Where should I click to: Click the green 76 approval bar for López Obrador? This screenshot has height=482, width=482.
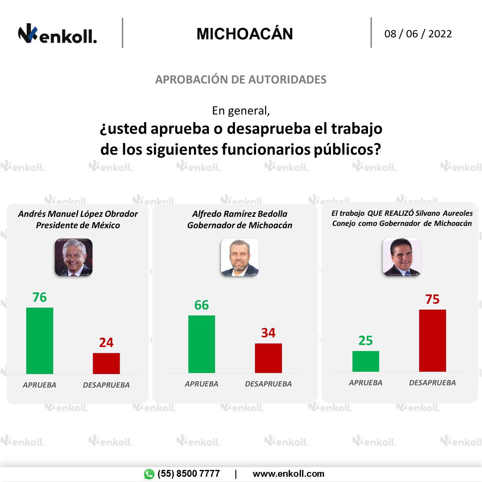pyautogui.click(x=39, y=341)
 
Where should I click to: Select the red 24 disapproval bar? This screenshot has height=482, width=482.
pyautogui.click(x=106, y=364)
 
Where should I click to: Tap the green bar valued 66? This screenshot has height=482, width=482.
pyautogui.click(x=201, y=344)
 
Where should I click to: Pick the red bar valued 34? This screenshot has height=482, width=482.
pyautogui.click(x=268, y=358)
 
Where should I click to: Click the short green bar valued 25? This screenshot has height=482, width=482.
pyautogui.click(x=366, y=361)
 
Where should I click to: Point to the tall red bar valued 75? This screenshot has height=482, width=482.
pyautogui.click(x=432, y=341)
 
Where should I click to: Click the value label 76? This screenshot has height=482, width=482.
pyautogui.click(x=39, y=297)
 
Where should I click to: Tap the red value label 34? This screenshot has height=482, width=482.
pyautogui.click(x=268, y=333)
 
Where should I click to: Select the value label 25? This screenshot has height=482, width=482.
pyautogui.click(x=366, y=341)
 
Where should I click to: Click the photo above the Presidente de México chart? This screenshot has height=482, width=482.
pyautogui.click(x=74, y=257)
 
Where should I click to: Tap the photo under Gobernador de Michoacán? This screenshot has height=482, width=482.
pyautogui.click(x=240, y=257)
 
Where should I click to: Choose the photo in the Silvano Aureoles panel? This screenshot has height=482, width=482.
pyautogui.click(x=401, y=257)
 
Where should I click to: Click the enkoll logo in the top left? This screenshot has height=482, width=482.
pyautogui.click(x=57, y=35)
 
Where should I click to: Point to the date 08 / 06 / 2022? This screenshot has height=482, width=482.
pyautogui.click(x=418, y=34)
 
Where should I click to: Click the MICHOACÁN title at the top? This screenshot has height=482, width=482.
pyautogui.click(x=245, y=34)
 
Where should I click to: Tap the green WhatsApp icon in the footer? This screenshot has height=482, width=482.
pyautogui.click(x=149, y=474)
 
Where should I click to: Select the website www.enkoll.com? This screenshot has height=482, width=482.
pyautogui.click(x=288, y=474)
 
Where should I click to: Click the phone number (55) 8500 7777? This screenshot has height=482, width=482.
pyautogui.click(x=188, y=474)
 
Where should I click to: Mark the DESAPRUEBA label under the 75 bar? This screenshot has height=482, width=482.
pyautogui.click(x=432, y=383)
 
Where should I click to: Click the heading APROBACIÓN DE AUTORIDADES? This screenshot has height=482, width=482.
pyautogui.click(x=241, y=80)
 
